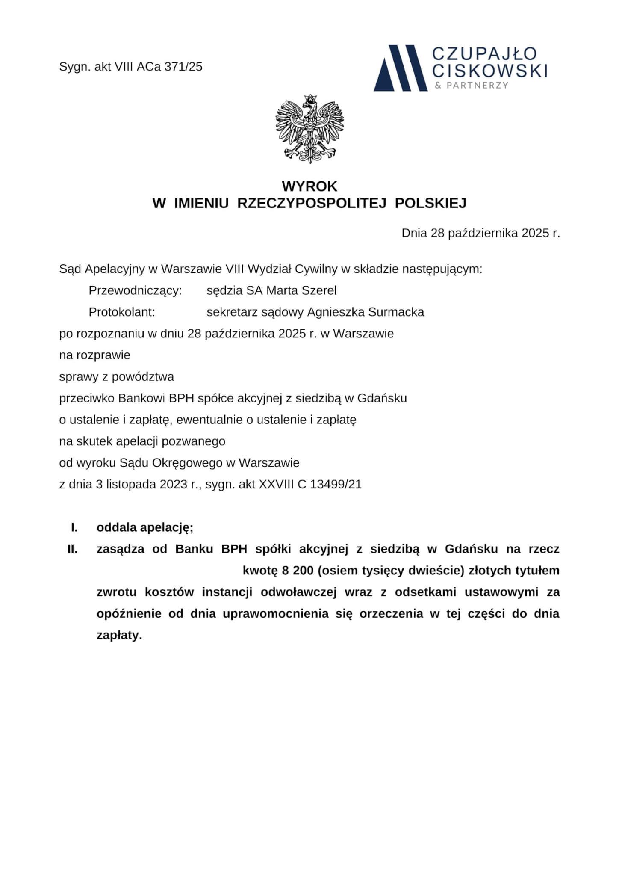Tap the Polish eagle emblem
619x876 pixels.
point(309,128)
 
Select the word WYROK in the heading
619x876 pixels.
point(309,186)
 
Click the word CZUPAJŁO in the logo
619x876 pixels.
point(484,54)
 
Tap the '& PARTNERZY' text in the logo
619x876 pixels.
point(472,86)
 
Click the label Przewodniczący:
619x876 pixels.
point(136,291)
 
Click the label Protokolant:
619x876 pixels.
point(121,312)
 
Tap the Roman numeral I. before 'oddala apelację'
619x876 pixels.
point(74,527)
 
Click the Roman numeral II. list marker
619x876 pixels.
point(73,549)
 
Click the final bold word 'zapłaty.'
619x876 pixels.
point(119,635)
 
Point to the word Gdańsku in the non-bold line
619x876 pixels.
point(382,398)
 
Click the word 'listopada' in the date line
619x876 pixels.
point(131,484)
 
